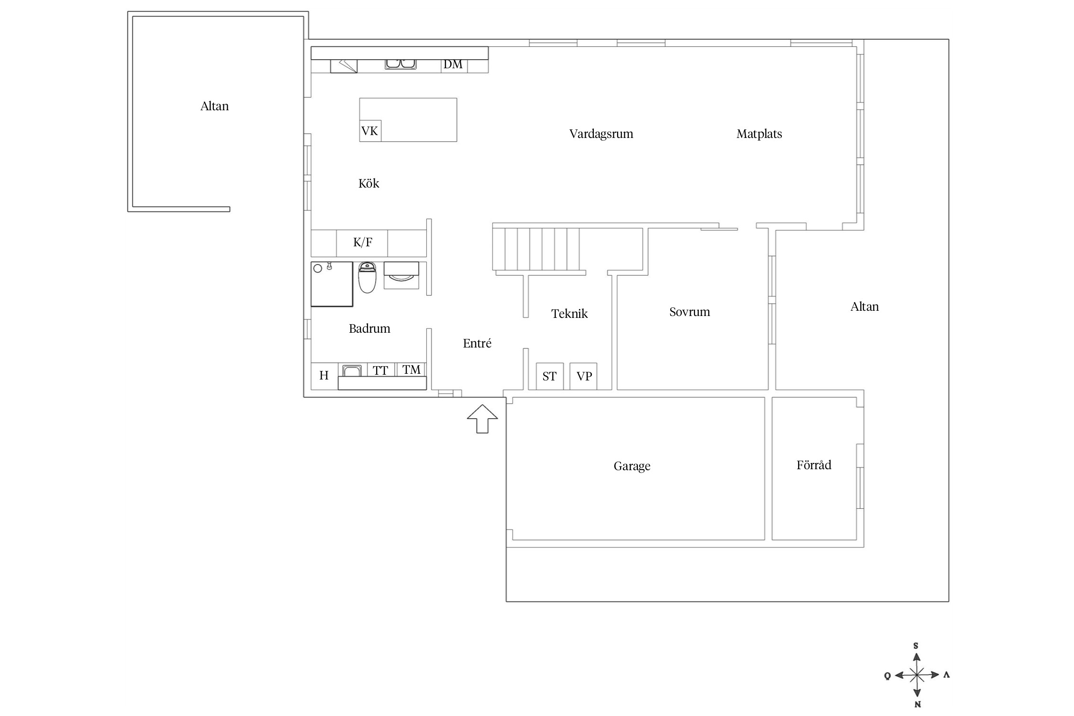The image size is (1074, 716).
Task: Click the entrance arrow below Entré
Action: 482,419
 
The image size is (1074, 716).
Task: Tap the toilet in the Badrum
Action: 367,277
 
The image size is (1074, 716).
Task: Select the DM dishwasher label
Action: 453,64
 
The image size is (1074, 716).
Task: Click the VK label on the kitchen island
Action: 370,131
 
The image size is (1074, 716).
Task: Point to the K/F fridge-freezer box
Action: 362,243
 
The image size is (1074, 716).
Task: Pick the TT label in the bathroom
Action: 380,370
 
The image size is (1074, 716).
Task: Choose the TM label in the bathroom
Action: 411,369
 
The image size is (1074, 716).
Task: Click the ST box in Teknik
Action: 549,376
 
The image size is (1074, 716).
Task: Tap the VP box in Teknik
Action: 584,376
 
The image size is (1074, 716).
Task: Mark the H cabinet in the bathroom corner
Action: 324,376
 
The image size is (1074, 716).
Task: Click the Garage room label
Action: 632,466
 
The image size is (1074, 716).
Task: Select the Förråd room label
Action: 814,465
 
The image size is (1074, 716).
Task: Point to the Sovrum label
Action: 690,312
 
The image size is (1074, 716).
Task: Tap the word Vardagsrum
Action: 601,134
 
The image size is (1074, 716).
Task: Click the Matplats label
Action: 759,134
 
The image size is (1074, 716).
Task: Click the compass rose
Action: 917,675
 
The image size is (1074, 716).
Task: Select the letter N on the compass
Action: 917,705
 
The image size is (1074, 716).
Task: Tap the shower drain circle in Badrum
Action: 317,269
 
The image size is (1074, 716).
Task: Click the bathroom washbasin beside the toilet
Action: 401,275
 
